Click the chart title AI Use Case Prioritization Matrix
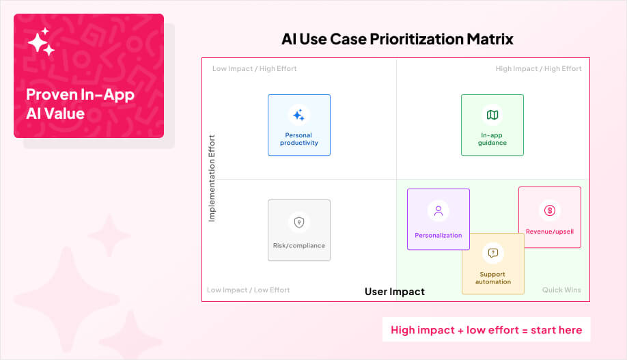tap(397, 39)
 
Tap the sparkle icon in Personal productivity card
tap(298, 115)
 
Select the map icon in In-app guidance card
tap(492, 115)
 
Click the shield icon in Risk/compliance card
tap(299, 222)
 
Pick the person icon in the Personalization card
tap(438, 211)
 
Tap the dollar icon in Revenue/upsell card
tap(550, 210)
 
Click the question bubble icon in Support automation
tap(493, 253)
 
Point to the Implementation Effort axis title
tap(212, 178)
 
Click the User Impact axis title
tap(395, 292)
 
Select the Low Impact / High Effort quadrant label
tap(254, 69)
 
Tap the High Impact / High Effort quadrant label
tap(539, 69)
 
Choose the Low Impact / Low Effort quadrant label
tap(249, 290)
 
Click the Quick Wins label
tap(561, 290)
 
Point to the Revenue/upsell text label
tap(550, 232)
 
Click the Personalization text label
tap(438, 235)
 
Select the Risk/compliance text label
tap(299, 246)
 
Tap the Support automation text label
tap(493, 278)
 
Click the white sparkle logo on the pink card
tap(41, 42)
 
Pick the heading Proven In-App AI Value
tap(80, 104)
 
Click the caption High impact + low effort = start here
tap(486, 330)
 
